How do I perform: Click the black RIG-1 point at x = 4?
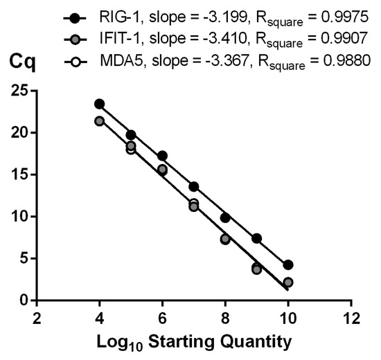pyautogui.click(x=100, y=104)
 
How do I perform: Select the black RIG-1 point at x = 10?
pyautogui.click(x=288, y=265)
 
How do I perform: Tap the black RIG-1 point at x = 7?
pyautogui.click(x=194, y=186)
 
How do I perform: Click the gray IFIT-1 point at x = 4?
pyautogui.click(x=100, y=121)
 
